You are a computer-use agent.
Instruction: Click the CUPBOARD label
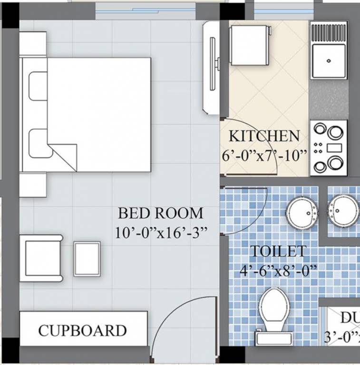82,330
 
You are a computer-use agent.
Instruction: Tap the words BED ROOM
160,212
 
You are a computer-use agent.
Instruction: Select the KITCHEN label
264,136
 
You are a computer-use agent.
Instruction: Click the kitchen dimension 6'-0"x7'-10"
265,156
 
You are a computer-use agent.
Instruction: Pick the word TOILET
278,251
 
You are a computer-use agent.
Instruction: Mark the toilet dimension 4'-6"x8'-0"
278,271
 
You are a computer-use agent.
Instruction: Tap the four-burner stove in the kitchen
329,148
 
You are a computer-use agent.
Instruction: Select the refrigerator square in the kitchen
249,45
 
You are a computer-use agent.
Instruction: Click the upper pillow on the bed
38,86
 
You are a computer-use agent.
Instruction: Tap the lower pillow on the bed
38,143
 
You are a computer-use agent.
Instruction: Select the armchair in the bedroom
42,257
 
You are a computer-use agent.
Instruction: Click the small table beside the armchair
87,259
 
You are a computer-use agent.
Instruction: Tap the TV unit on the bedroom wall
211,66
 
